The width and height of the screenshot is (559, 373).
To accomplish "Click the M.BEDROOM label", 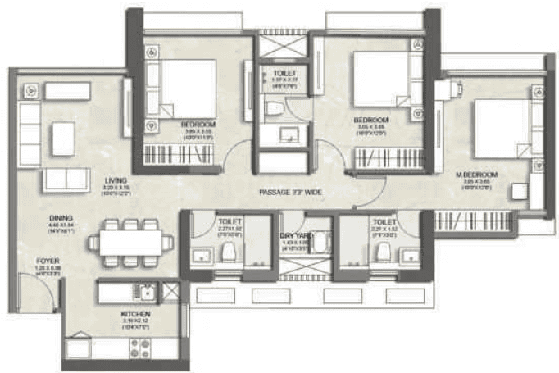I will coord(475,175).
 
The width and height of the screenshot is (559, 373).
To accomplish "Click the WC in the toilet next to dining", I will coord(230,251).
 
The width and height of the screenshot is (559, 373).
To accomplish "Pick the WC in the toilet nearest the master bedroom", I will coord(379,252).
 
